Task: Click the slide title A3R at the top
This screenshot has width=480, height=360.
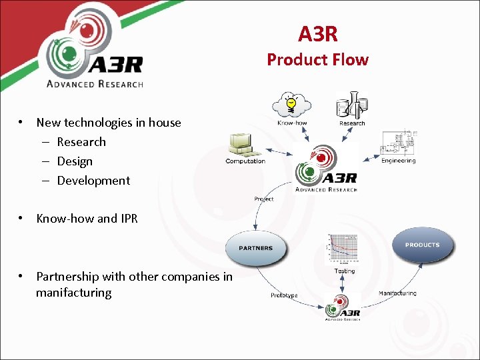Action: point(317,33)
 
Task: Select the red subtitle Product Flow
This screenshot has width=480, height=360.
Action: point(317,59)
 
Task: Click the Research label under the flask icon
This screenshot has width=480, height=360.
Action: point(352,123)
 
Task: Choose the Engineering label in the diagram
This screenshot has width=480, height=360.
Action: point(398,161)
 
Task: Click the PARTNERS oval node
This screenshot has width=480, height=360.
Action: point(256,248)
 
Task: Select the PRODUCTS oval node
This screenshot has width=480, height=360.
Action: point(422,245)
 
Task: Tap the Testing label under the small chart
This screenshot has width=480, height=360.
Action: point(345,271)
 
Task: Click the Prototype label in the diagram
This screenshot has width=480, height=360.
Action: point(284,295)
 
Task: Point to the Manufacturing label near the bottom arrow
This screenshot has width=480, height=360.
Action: point(397,293)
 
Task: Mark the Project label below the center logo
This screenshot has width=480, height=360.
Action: point(263,199)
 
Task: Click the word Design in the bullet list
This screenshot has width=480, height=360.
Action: point(75,161)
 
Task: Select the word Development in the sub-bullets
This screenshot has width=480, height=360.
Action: point(93,181)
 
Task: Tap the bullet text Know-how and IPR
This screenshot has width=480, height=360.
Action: point(87,218)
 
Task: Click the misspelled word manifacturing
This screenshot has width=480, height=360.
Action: point(73,293)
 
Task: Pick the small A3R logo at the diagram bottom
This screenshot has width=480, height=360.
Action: point(342,309)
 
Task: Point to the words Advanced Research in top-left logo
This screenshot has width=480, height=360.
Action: point(94,83)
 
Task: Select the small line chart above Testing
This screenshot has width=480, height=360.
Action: point(344,251)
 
